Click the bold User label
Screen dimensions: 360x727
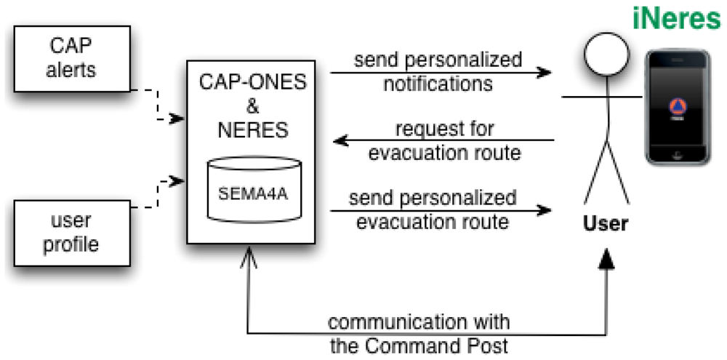pyautogui.click(x=606, y=224)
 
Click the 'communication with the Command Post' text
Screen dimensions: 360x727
pyautogui.click(x=419, y=333)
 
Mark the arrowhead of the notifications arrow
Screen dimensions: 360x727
pyautogui.click(x=542, y=73)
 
